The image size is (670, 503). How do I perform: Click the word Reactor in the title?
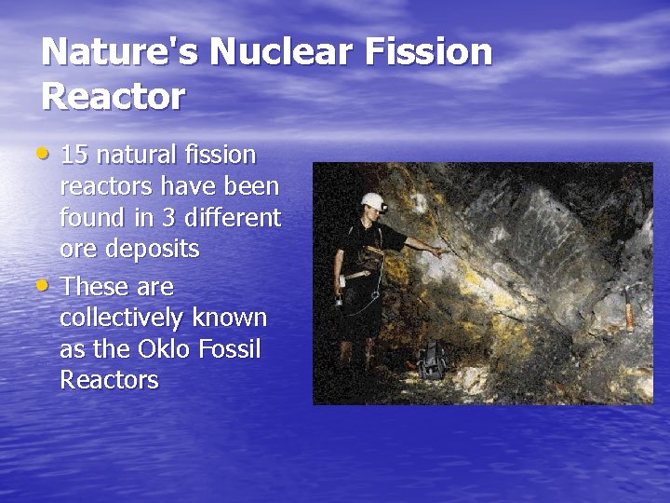[x=114, y=96]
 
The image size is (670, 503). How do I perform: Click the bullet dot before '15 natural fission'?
[x=47, y=151]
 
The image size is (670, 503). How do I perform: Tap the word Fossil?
[x=229, y=349]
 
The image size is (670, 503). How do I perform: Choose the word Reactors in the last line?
[x=109, y=381]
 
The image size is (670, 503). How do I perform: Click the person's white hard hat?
[x=374, y=199]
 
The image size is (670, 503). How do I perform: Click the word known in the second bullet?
[x=230, y=318]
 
